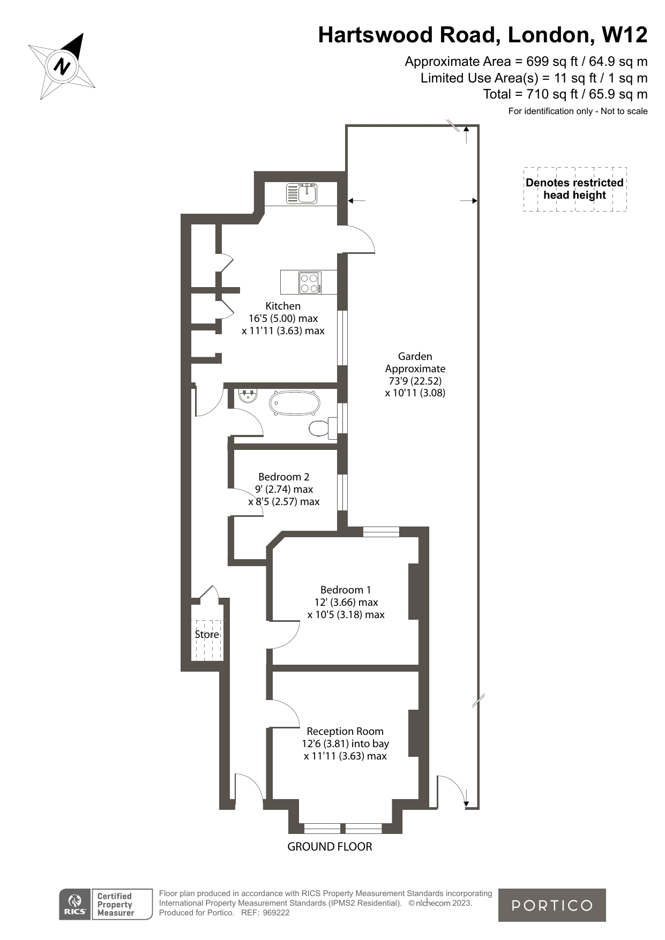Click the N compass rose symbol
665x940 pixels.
(x=62, y=66)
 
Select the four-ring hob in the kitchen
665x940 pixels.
(x=310, y=282)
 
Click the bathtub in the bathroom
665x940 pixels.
(x=295, y=403)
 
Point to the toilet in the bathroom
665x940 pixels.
(x=320, y=428)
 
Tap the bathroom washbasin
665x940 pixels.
(x=248, y=395)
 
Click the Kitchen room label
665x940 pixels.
(x=283, y=306)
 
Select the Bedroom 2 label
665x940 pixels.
(x=283, y=477)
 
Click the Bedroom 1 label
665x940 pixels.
(x=346, y=590)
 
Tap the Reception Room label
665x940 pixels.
(x=345, y=731)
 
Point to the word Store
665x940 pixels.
(x=207, y=634)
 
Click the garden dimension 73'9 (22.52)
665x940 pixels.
(x=415, y=381)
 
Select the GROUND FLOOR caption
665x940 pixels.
(x=330, y=846)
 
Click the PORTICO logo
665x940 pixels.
(x=552, y=905)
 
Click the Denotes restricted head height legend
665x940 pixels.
(x=574, y=189)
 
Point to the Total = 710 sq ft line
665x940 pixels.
(x=565, y=94)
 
